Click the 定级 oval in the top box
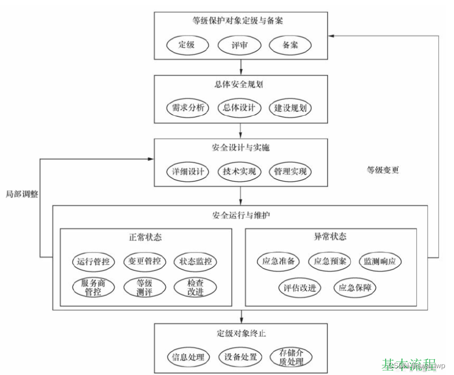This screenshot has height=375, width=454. (186, 45)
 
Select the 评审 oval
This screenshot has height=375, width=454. (239, 45)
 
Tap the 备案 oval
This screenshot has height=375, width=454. (290, 45)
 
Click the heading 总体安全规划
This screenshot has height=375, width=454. (240, 86)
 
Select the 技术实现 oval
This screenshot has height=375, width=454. (239, 171)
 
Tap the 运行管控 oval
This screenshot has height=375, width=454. (94, 261)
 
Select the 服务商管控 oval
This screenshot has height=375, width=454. (94, 287)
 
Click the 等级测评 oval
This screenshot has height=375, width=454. (145, 287)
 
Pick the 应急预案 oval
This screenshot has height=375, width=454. (330, 261)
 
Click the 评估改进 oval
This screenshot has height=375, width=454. (300, 287)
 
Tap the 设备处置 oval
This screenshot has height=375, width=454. (239, 357)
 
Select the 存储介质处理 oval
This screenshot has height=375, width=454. (291, 357)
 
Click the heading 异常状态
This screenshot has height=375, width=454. (330, 236)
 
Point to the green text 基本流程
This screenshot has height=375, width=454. (409, 365)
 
